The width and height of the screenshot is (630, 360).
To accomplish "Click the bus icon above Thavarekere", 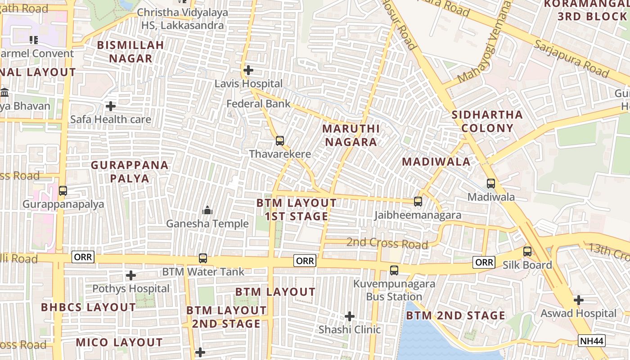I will point(280,141).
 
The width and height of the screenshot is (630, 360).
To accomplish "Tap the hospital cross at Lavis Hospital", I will point(248,70).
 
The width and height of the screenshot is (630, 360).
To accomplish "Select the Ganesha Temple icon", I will point(207,210).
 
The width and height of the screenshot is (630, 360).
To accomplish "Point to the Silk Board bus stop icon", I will point(527,252).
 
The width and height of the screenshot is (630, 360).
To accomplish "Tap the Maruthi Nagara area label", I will point(351,135).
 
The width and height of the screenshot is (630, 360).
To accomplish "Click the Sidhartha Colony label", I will point(487,121).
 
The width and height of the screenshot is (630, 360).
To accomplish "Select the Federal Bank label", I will point(258,104).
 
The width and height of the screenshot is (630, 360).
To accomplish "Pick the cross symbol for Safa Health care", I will point(111,106).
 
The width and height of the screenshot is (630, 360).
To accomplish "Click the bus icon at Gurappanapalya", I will point(63,190).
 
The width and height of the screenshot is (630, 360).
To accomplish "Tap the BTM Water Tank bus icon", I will point(203,258).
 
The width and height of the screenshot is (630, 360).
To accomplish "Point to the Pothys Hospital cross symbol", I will point(131,275).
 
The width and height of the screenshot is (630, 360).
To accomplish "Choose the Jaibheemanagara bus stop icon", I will point(418,202).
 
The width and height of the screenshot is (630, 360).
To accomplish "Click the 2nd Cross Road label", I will point(387,243).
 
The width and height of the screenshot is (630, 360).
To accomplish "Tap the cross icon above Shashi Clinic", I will point(350,316).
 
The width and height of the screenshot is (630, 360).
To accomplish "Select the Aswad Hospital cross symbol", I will point(579,300).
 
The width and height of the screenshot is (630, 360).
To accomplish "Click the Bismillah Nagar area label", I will point(130,52).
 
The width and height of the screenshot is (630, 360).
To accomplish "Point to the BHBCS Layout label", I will point(88,307).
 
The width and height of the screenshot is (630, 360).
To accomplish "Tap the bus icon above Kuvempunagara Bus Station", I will point(394,270).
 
